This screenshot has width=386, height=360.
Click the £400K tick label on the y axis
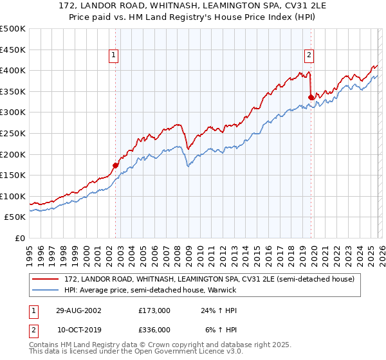13,70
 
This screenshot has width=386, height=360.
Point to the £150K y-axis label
13,175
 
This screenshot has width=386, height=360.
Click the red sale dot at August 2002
116,165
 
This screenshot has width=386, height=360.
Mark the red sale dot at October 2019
311,97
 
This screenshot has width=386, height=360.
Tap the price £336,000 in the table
154,329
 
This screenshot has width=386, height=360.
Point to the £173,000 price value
154,310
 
